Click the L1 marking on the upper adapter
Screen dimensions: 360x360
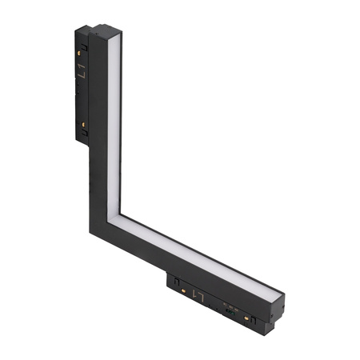(x=82, y=74)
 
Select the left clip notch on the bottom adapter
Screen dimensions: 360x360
(x=171, y=281)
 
